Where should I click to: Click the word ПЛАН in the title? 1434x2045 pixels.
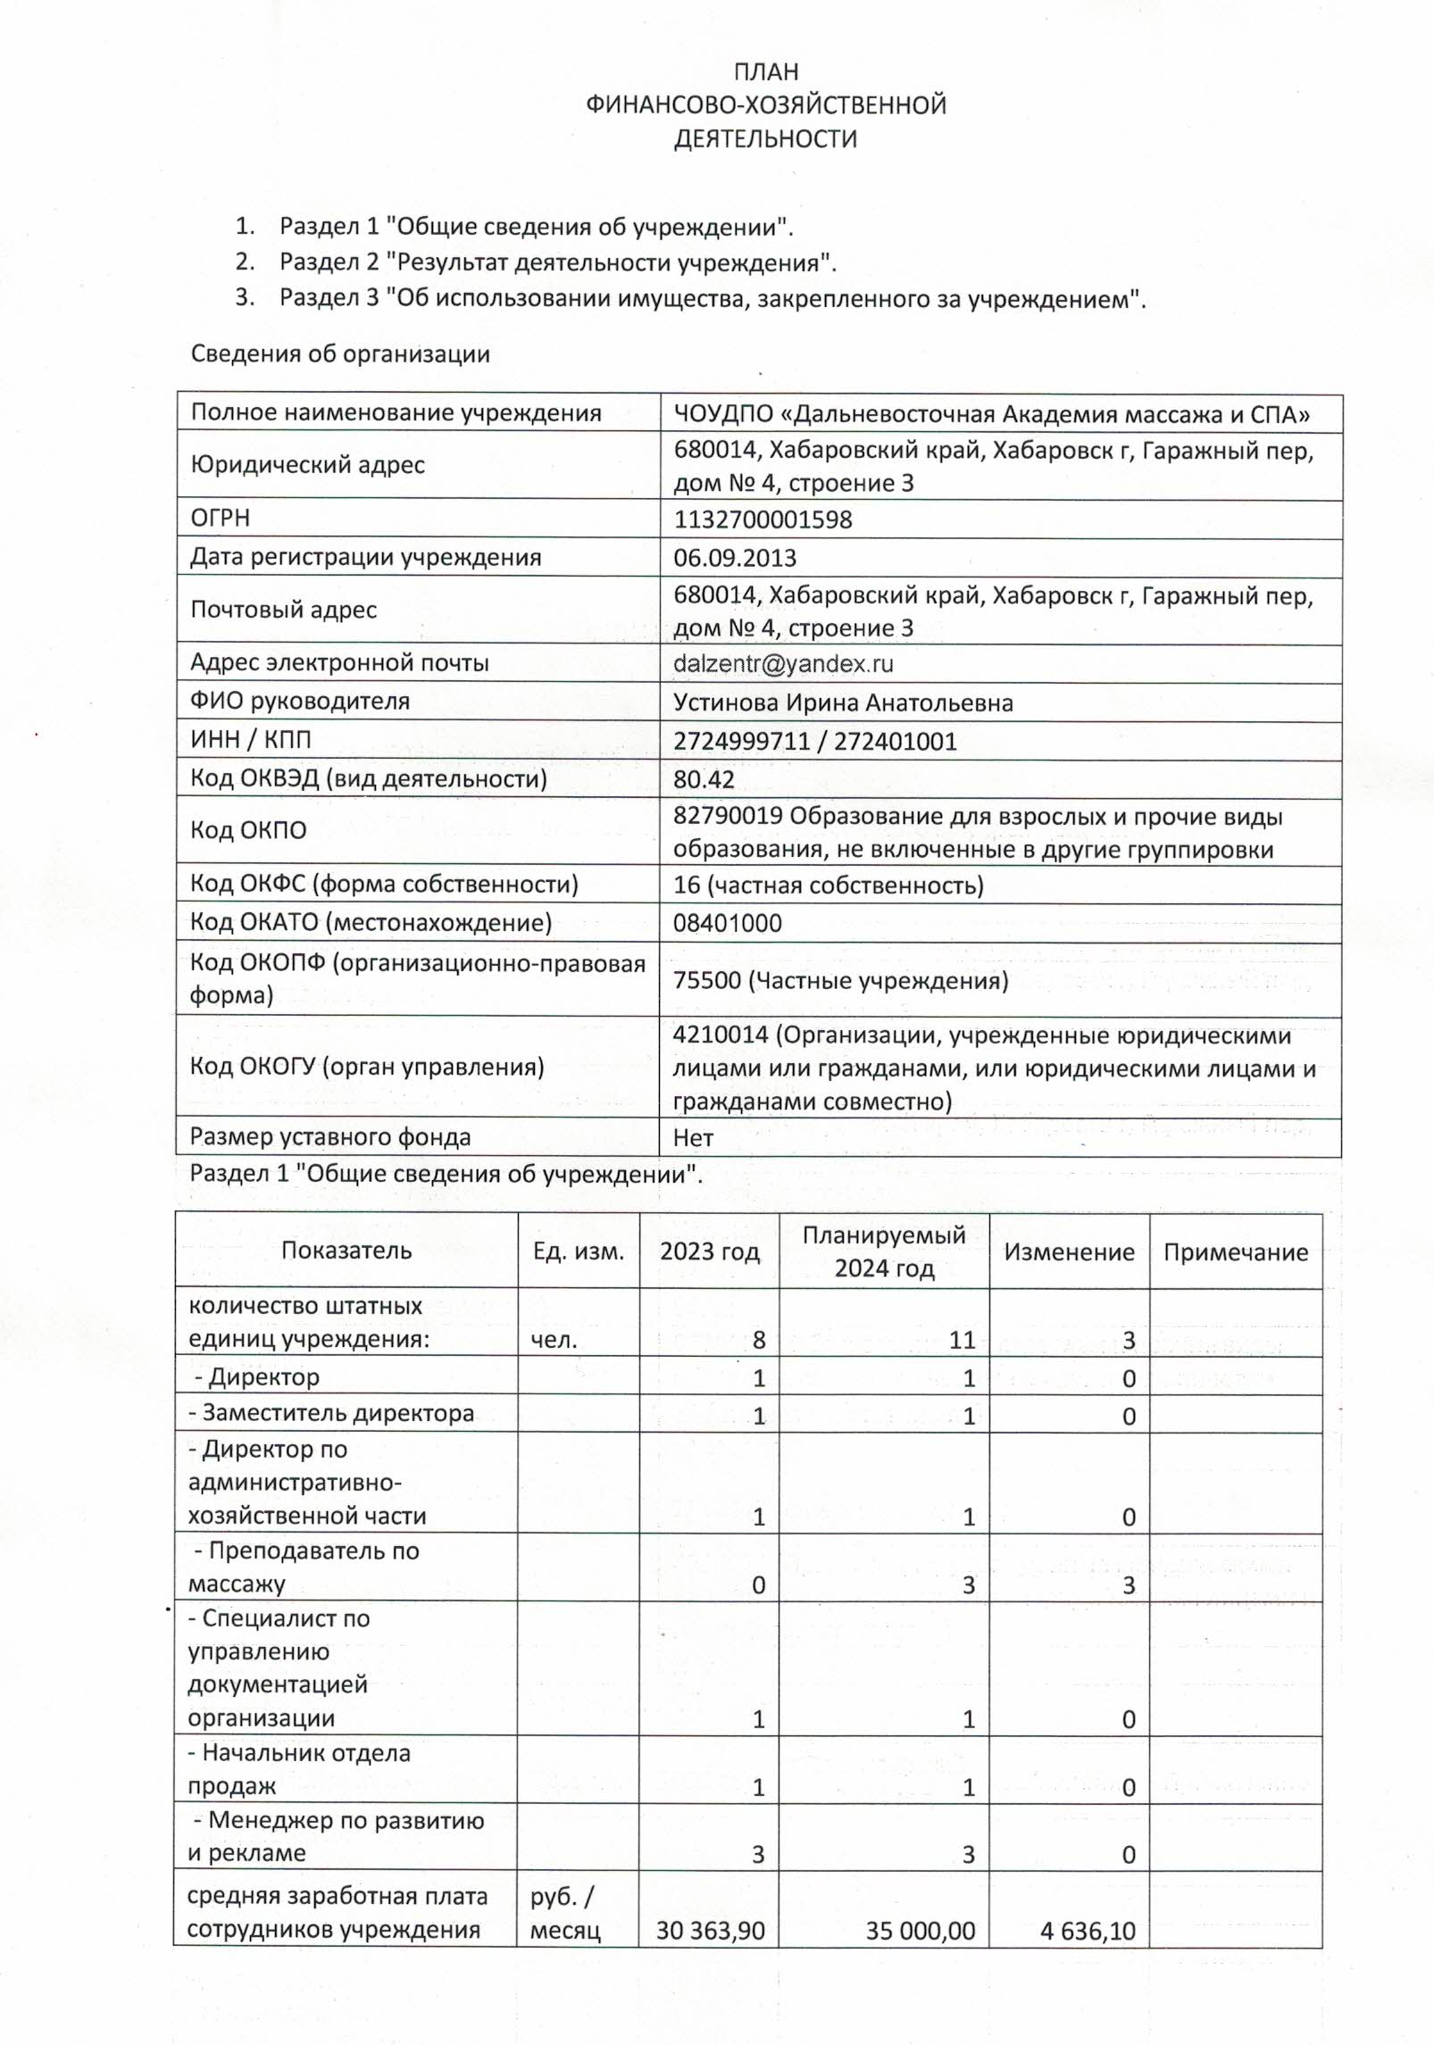tap(765, 71)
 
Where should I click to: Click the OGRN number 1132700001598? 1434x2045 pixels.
tap(763, 520)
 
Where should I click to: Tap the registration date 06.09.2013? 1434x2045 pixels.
tap(735, 558)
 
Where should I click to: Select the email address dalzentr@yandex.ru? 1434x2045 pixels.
tap(783, 663)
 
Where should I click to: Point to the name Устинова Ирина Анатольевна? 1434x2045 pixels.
tap(843, 703)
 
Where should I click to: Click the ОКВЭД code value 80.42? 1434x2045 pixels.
tap(704, 779)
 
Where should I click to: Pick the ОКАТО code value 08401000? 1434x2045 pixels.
tap(727, 923)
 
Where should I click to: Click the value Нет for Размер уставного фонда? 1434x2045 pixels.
tap(693, 1138)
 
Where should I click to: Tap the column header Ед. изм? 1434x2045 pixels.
tap(578, 1251)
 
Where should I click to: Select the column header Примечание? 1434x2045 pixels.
tap(1235, 1252)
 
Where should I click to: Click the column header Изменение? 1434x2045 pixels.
tap(1069, 1252)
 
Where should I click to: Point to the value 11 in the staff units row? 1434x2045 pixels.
tap(962, 1340)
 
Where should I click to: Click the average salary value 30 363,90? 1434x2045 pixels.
tap(710, 1932)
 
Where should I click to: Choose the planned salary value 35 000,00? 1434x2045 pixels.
tap(920, 1932)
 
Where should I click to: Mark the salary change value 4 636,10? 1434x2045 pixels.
tap(1087, 1932)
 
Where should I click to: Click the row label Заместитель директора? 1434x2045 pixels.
tap(330, 1413)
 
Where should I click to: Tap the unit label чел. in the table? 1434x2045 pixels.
tap(553, 1340)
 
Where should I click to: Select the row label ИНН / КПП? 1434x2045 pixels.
tap(250, 740)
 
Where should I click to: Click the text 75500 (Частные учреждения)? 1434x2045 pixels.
tap(840, 981)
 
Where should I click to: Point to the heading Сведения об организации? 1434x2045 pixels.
tap(340, 353)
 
